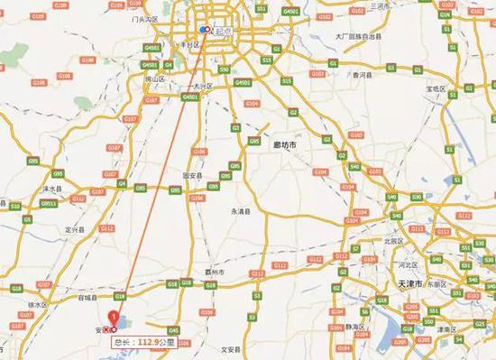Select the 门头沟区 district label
144,18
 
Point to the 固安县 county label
193,175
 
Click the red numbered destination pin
113,318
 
